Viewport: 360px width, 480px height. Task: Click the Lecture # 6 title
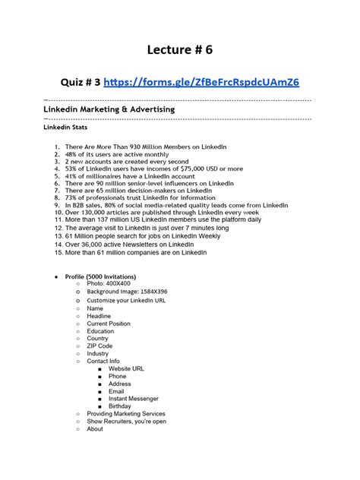pyautogui.click(x=179, y=49)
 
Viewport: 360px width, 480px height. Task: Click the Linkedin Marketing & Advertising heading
pyautogui.click(x=109, y=109)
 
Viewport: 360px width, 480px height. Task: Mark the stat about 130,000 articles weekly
pyautogui.click(x=159, y=213)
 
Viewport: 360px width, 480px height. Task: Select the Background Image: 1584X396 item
pyautogui.click(x=127, y=292)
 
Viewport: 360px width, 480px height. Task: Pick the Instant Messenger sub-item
pyautogui.click(x=133, y=398)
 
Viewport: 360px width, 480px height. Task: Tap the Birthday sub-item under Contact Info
pyautogui.click(x=119, y=406)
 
